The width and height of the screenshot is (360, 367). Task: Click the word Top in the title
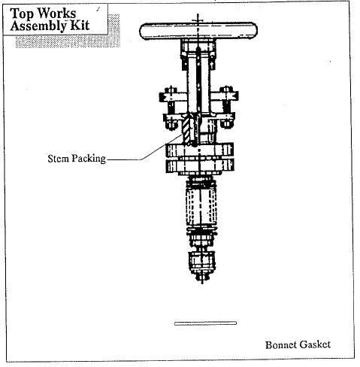(21, 14)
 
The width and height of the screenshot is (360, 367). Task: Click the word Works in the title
(56, 13)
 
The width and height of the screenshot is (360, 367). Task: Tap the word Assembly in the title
(38, 26)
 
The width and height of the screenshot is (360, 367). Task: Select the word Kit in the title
(80, 26)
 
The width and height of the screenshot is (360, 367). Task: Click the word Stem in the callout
(59, 159)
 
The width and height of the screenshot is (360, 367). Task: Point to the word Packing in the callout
(89, 159)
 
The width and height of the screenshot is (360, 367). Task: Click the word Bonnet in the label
(281, 344)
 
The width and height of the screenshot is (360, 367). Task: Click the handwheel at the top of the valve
(198, 31)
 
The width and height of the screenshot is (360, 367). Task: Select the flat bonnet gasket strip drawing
(205, 323)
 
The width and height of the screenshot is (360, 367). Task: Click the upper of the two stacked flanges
(200, 150)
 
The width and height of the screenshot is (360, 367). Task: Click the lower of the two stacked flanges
(200, 165)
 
